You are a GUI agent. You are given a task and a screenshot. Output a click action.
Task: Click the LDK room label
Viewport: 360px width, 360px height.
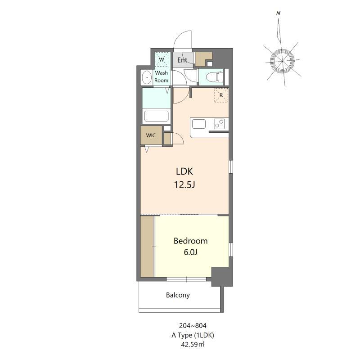(x=184, y=171)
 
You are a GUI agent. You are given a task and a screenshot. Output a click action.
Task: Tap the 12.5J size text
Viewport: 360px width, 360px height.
(x=184, y=184)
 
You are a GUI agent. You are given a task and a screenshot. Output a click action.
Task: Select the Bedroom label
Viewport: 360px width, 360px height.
(x=190, y=241)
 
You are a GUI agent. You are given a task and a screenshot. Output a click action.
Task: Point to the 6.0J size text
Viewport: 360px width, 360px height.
(x=190, y=252)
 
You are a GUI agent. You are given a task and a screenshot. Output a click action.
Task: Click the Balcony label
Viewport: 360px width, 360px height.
(x=178, y=295)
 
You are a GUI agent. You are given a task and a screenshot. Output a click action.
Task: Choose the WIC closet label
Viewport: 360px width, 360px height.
(x=151, y=135)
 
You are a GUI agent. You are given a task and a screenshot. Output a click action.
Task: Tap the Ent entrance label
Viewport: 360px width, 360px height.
(x=183, y=60)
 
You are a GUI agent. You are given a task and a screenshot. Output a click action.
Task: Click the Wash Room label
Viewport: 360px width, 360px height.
(x=161, y=76)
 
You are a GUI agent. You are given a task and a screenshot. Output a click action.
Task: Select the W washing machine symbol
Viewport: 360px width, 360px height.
(x=162, y=59)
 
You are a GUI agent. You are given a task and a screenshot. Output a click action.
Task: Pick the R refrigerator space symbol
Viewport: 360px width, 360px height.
(x=221, y=95)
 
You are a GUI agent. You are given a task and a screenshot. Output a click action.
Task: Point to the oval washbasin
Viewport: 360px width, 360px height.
(x=147, y=77)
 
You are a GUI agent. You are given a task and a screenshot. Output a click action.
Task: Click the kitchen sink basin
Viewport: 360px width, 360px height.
(x=199, y=124)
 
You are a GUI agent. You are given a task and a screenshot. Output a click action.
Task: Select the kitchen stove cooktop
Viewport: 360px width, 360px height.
(x=219, y=124)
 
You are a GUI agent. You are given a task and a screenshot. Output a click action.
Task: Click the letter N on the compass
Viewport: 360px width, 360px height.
(x=278, y=13)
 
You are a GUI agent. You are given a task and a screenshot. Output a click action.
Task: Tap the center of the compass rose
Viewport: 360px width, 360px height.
(x=282, y=61)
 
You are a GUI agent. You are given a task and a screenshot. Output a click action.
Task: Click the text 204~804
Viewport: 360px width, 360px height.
(x=193, y=325)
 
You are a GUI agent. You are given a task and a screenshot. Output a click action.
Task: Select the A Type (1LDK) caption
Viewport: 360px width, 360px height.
(x=193, y=335)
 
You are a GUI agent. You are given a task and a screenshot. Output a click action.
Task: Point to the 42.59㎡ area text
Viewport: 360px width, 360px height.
(x=193, y=345)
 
